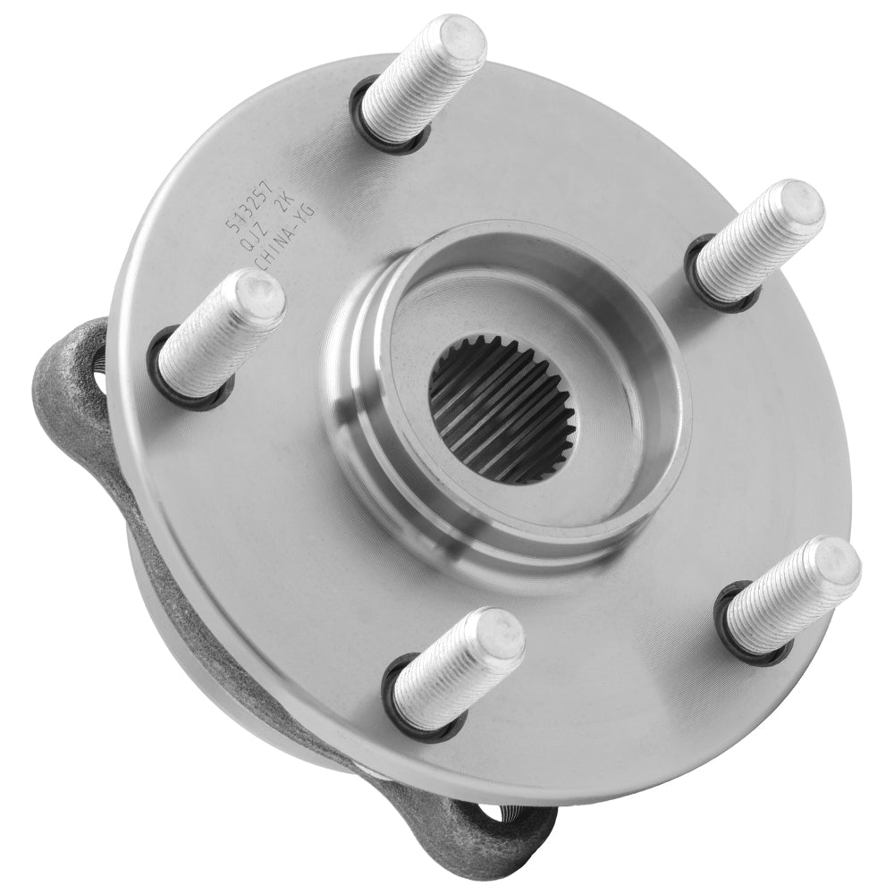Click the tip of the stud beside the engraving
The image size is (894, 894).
point(260,295)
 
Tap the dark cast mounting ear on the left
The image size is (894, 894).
point(67,375)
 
